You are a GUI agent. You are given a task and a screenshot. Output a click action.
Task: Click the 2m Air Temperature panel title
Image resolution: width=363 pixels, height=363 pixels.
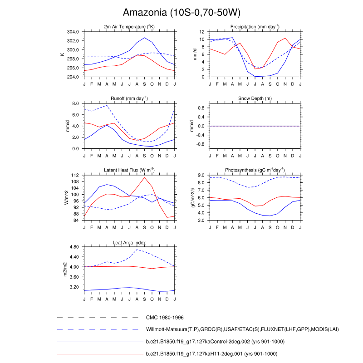tap(129, 27)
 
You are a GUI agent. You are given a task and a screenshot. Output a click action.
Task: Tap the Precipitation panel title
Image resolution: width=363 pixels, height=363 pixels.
tap(255, 27)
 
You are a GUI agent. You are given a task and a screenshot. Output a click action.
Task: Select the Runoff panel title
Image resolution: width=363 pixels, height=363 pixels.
tap(129, 98)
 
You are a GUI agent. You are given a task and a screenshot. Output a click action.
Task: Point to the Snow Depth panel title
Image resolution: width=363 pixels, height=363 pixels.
tap(255, 98)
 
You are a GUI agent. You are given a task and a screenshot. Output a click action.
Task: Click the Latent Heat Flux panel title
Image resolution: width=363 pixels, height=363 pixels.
tap(129, 170)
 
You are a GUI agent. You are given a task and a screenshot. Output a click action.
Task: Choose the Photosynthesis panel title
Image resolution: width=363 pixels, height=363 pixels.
tap(255, 170)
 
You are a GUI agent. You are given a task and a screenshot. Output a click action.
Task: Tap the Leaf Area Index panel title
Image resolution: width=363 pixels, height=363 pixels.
tap(129, 243)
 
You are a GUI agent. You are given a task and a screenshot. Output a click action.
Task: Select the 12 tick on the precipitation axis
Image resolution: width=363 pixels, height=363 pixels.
tap(203, 32)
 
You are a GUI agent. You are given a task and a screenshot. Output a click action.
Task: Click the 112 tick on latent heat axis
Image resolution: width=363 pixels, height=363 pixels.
tap(75, 175)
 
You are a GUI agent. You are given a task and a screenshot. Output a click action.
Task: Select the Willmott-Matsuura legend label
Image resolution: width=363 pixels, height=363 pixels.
tap(242, 329)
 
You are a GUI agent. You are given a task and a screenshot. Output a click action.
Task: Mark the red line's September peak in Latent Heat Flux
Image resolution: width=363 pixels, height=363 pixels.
tap(144, 177)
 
